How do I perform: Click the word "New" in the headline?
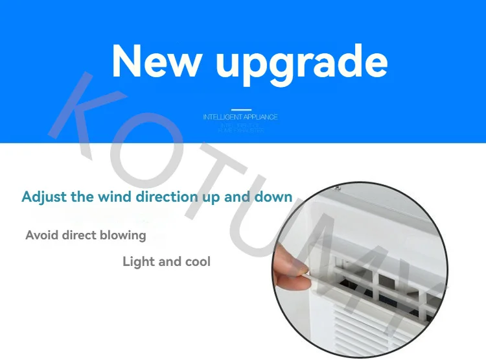tap(156, 61)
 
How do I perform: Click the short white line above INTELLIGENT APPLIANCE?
tap(240, 110)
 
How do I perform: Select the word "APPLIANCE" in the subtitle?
tap(260, 117)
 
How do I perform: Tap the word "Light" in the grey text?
tap(138, 261)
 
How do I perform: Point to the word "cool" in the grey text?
tap(196, 261)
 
